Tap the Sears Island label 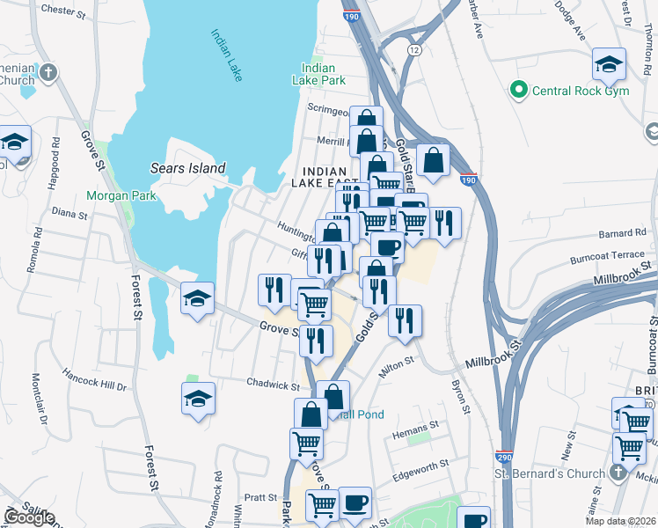[x=188, y=168]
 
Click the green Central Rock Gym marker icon [x=518, y=89]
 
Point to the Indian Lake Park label [x=318, y=74]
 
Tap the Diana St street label [x=70, y=213]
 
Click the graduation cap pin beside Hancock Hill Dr [x=199, y=399]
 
